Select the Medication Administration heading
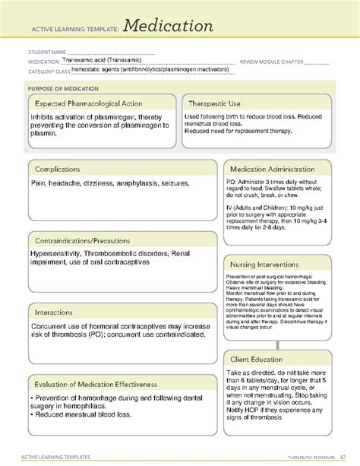tap(278, 169)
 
